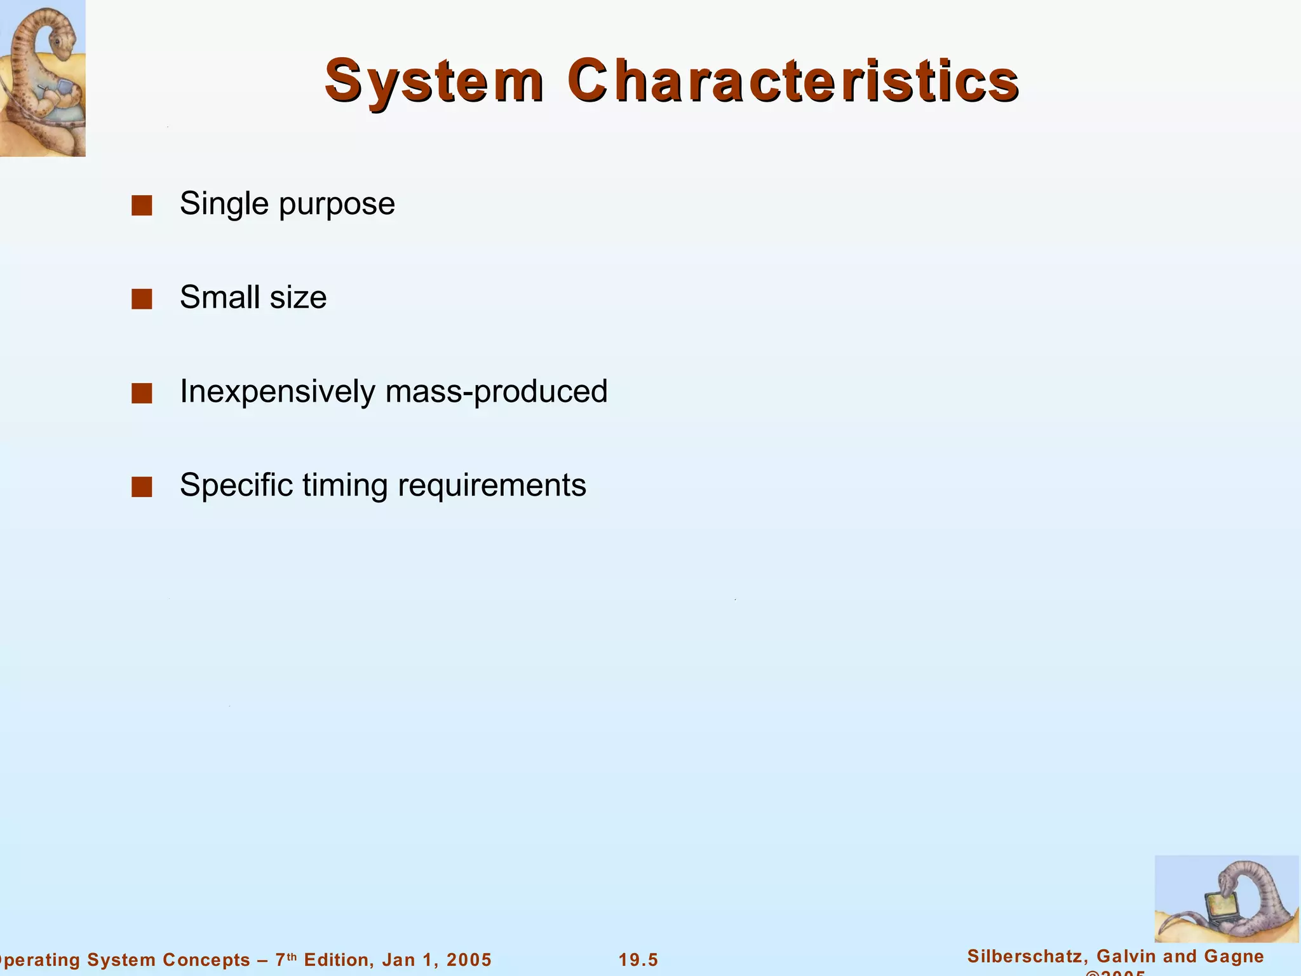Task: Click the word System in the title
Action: point(434,81)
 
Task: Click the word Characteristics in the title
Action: point(793,81)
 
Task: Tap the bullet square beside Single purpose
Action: point(142,205)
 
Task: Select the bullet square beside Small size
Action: point(142,299)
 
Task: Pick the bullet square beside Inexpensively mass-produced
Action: point(142,393)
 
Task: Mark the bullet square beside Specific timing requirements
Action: point(142,487)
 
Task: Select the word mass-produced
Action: point(496,391)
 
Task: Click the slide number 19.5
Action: point(638,959)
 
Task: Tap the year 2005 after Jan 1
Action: point(469,959)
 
